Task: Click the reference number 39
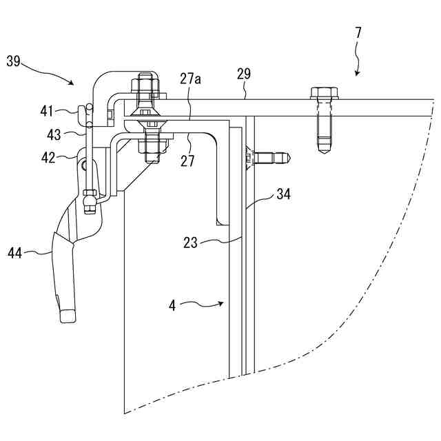[x=13, y=61]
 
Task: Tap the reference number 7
[x=358, y=32]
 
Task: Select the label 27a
[x=190, y=79]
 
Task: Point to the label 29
[x=243, y=73]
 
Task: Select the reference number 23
[x=190, y=242]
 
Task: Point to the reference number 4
[x=172, y=305]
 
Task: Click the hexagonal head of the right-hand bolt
[x=324, y=92]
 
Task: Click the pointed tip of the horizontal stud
[x=290, y=157]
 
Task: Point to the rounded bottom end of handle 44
[x=67, y=316]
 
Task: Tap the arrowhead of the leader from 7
[x=356, y=74]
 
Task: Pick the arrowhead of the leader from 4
[x=223, y=302]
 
